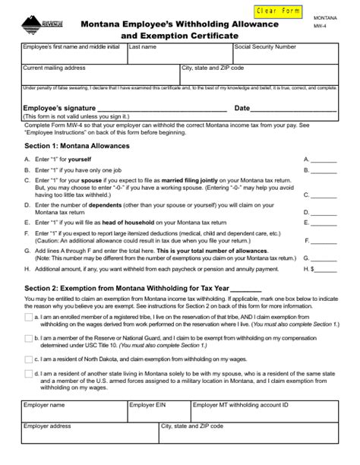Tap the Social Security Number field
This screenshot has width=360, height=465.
[x=284, y=54]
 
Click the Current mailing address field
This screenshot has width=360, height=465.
[x=99, y=74]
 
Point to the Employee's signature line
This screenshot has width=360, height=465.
[x=152, y=109]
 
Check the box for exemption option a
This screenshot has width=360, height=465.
[x=28, y=316]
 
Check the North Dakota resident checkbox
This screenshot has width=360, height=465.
[x=28, y=358]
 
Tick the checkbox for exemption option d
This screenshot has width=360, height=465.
[x=28, y=373]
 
